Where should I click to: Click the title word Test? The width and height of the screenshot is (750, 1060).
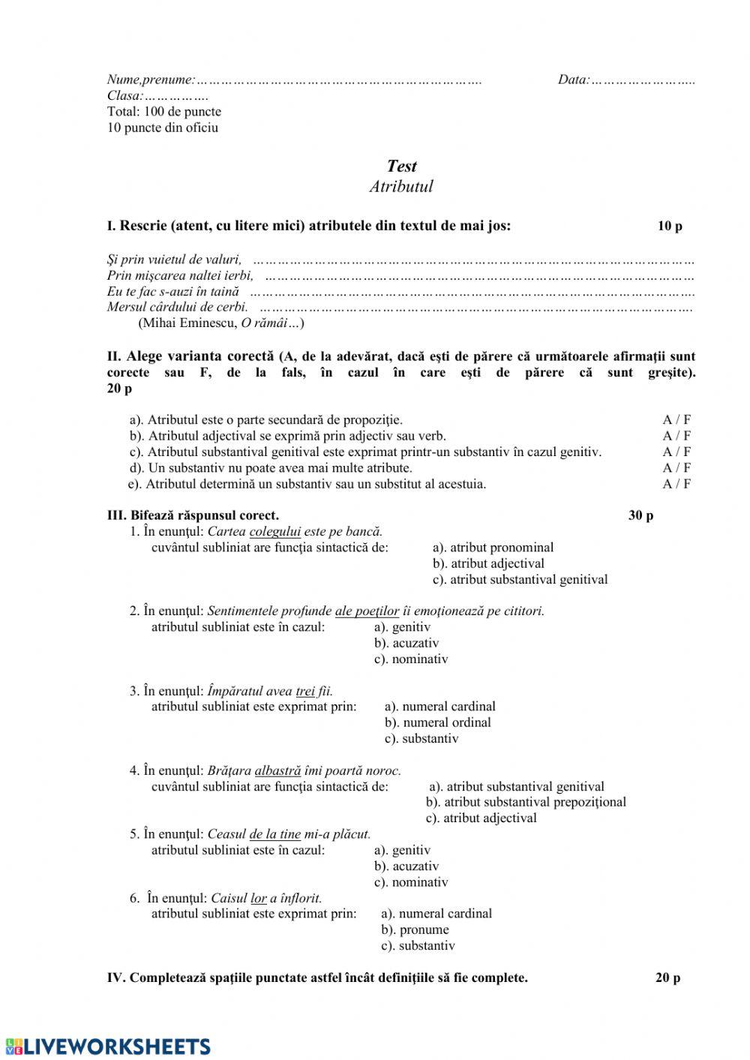(401, 167)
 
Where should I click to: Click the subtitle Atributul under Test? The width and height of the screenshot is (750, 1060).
(401, 187)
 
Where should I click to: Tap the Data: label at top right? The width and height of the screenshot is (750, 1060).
(574, 80)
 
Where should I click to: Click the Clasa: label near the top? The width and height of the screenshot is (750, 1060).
(124, 96)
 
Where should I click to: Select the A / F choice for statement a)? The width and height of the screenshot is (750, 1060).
(676, 420)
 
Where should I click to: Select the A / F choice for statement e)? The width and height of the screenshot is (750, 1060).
(676, 484)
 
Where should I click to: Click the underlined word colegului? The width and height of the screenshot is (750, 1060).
(274, 532)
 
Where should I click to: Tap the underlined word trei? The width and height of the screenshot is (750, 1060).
(305, 691)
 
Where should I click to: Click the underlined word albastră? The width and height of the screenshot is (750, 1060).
(277, 770)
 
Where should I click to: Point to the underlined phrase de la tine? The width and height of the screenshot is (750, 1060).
(274, 834)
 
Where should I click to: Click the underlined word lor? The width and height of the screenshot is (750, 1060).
(259, 898)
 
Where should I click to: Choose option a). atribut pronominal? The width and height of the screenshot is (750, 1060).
(493, 548)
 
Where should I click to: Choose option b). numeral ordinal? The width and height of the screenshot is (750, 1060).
(438, 722)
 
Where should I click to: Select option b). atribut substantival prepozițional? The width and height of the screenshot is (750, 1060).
(526, 802)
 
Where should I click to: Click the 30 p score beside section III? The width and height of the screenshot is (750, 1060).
(640, 515)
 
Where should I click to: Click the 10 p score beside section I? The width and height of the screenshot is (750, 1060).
(670, 226)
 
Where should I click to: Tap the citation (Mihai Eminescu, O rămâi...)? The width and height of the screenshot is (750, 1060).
(221, 323)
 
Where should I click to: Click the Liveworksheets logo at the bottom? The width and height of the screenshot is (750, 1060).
(106, 1046)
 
